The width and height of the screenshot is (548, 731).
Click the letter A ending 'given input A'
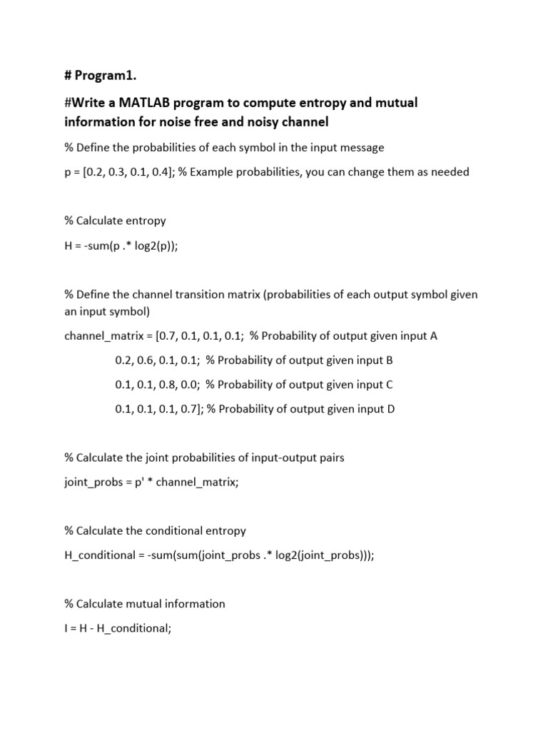tap(433, 336)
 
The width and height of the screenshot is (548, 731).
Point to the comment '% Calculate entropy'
tap(115, 221)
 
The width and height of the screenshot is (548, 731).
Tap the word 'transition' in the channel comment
tap(203, 293)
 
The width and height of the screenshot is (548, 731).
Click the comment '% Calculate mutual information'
tap(145, 603)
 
